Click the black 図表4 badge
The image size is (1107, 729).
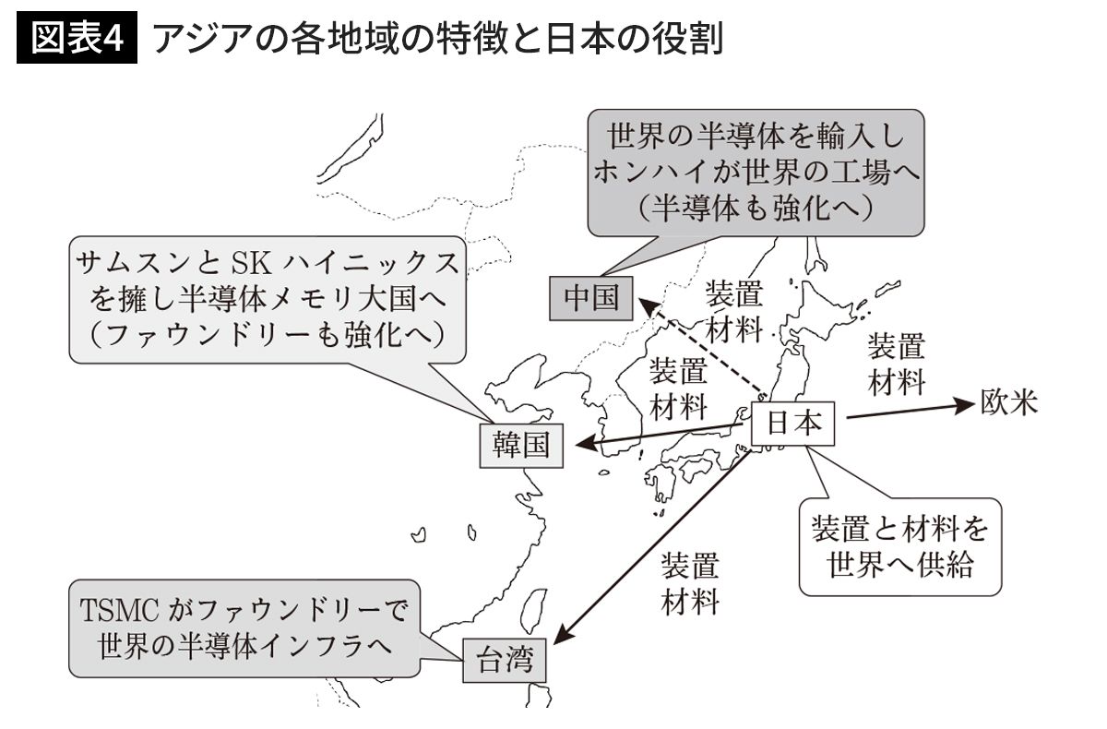(x=77, y=42)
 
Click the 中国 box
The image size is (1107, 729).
(x=590, y=299)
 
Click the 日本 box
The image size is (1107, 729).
(x=793, y=424)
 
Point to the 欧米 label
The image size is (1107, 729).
(x=1009, y=402)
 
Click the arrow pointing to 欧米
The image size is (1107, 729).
(x=909, y=410)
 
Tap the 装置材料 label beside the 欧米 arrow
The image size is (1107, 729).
(x=896, y=364)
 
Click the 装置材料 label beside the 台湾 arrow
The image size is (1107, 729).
(x=690, y=583)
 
